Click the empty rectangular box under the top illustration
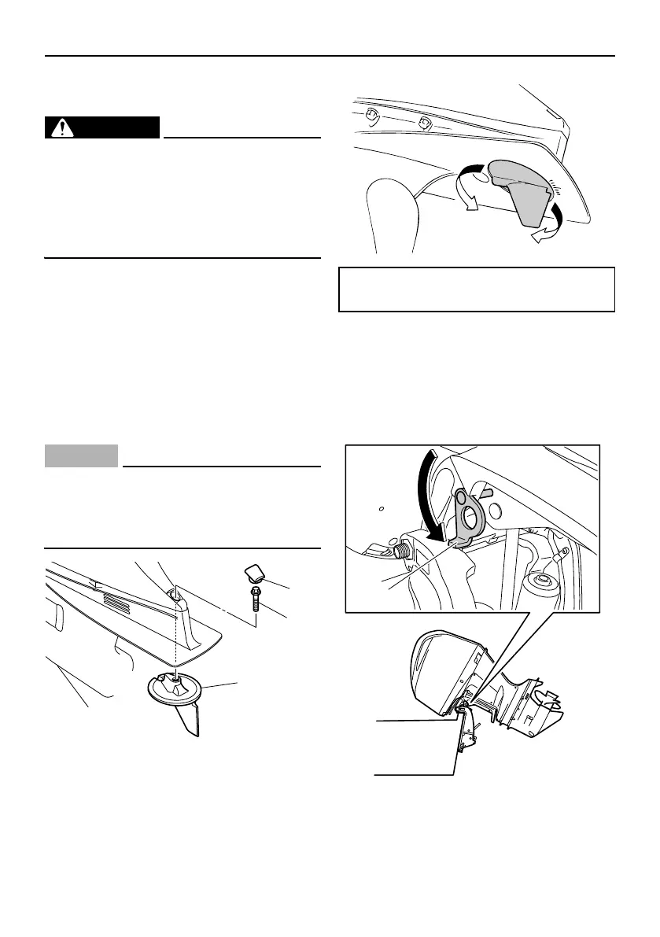point(476,290)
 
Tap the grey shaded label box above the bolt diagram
point(82,456)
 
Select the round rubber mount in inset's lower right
point(539,585)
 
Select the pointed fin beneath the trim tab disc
point(189,721)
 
